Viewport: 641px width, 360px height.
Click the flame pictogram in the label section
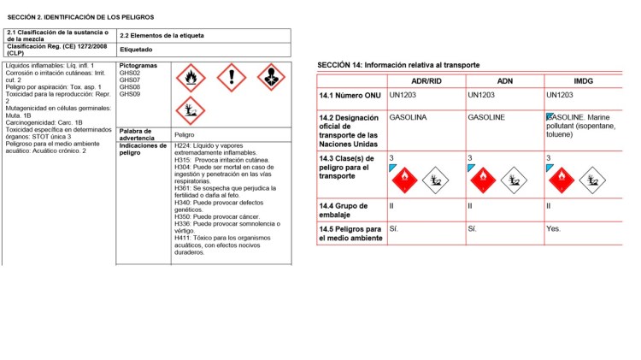[x=191, y=79]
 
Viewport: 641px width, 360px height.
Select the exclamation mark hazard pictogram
[x=231, y=79]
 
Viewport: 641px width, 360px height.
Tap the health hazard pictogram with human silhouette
[x=271, y=78]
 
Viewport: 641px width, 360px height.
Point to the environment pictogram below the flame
[x=191, y=110]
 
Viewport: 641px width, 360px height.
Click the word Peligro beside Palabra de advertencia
[x=184, y=134]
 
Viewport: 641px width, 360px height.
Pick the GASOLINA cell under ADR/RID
[x=407, y=117]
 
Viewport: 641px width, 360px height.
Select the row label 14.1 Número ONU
[x=350, y=95]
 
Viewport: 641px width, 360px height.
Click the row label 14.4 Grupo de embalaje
[x=344, y=210]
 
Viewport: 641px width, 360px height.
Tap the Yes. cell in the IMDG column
[x=554, y=229]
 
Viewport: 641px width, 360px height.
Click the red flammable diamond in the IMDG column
[x=562, y=180]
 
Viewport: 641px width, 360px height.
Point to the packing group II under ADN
[x=470, y=206]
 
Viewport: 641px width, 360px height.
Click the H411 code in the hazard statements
[x=182, y=237]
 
